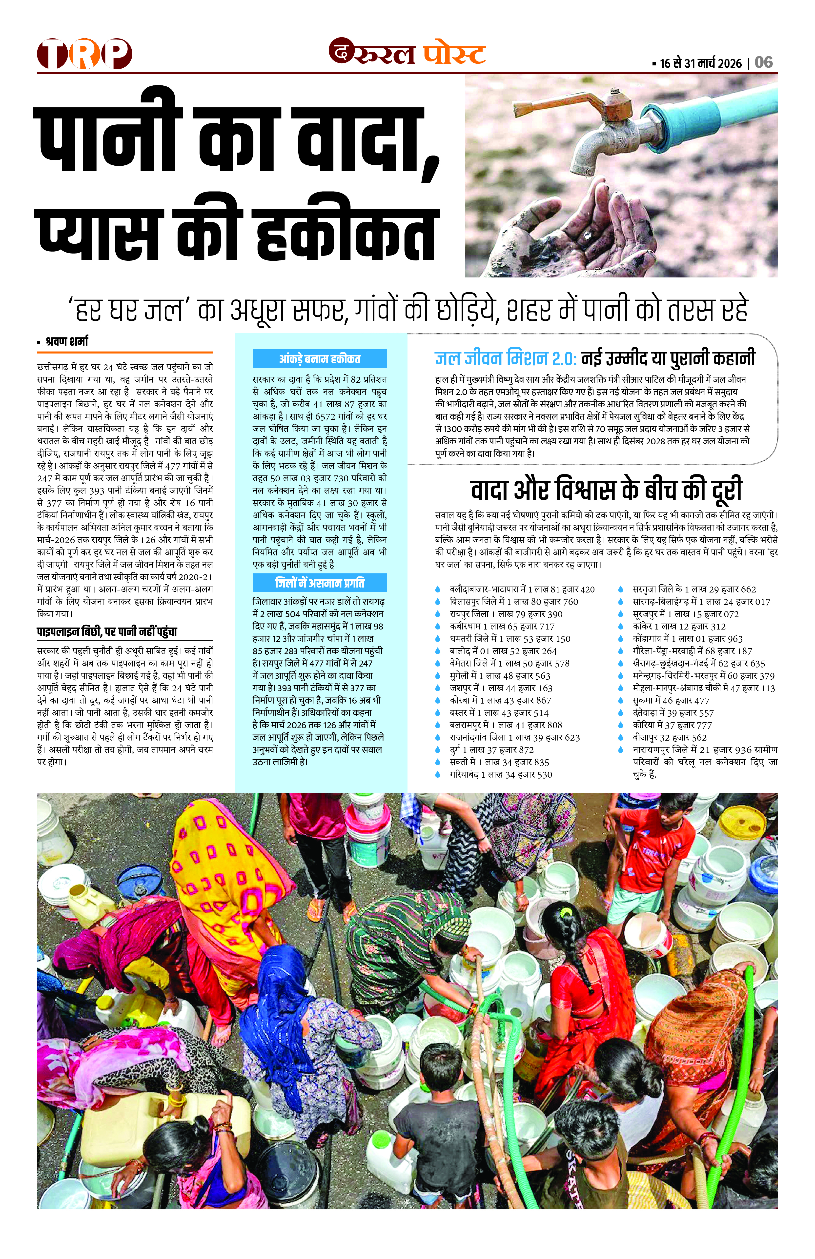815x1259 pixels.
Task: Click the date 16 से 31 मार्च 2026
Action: (701, 63)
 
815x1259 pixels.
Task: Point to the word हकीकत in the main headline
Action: (347, 236)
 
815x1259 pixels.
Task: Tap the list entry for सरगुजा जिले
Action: (694, 589)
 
